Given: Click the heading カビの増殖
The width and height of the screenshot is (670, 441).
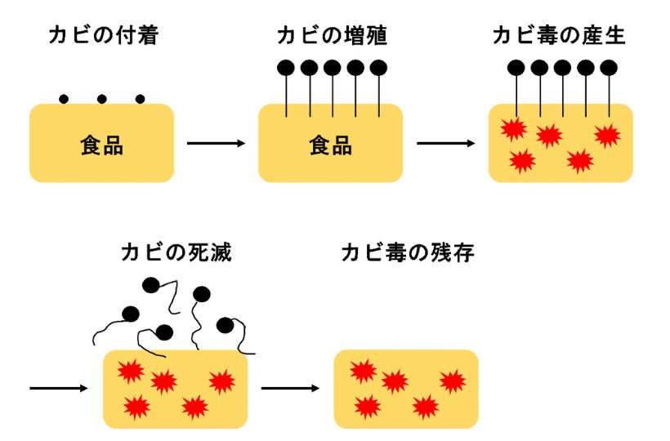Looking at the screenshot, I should tap(331, 37).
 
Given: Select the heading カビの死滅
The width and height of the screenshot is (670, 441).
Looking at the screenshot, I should tap(176, 252).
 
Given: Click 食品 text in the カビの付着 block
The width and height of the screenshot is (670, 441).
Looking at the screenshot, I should tap(102, 145).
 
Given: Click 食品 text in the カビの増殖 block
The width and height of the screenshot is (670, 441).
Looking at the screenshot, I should tap(331, 145).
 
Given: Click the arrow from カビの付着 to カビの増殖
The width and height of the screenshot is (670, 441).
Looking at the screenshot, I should tap(217, 144).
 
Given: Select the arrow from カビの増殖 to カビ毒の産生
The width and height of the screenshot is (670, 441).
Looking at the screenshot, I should tap(446, 144).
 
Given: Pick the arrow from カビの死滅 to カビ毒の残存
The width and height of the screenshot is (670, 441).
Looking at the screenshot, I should tap(291, 388).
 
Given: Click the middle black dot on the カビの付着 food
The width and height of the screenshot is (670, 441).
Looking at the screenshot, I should tap(102, 99).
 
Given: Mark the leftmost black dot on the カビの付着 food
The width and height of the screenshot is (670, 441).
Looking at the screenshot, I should tap(64, 99).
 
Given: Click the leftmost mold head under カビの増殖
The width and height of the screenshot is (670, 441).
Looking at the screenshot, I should tap(286, 68).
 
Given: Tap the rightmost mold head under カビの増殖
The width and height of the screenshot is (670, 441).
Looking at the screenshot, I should tap(377, 68).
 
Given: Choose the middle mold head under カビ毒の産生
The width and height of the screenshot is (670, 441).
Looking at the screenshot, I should tap(562, 68).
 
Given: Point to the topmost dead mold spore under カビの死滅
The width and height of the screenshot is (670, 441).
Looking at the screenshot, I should tap(150, 285).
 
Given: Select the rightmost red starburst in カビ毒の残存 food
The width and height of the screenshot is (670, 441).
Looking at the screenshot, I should tap(452, 381).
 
